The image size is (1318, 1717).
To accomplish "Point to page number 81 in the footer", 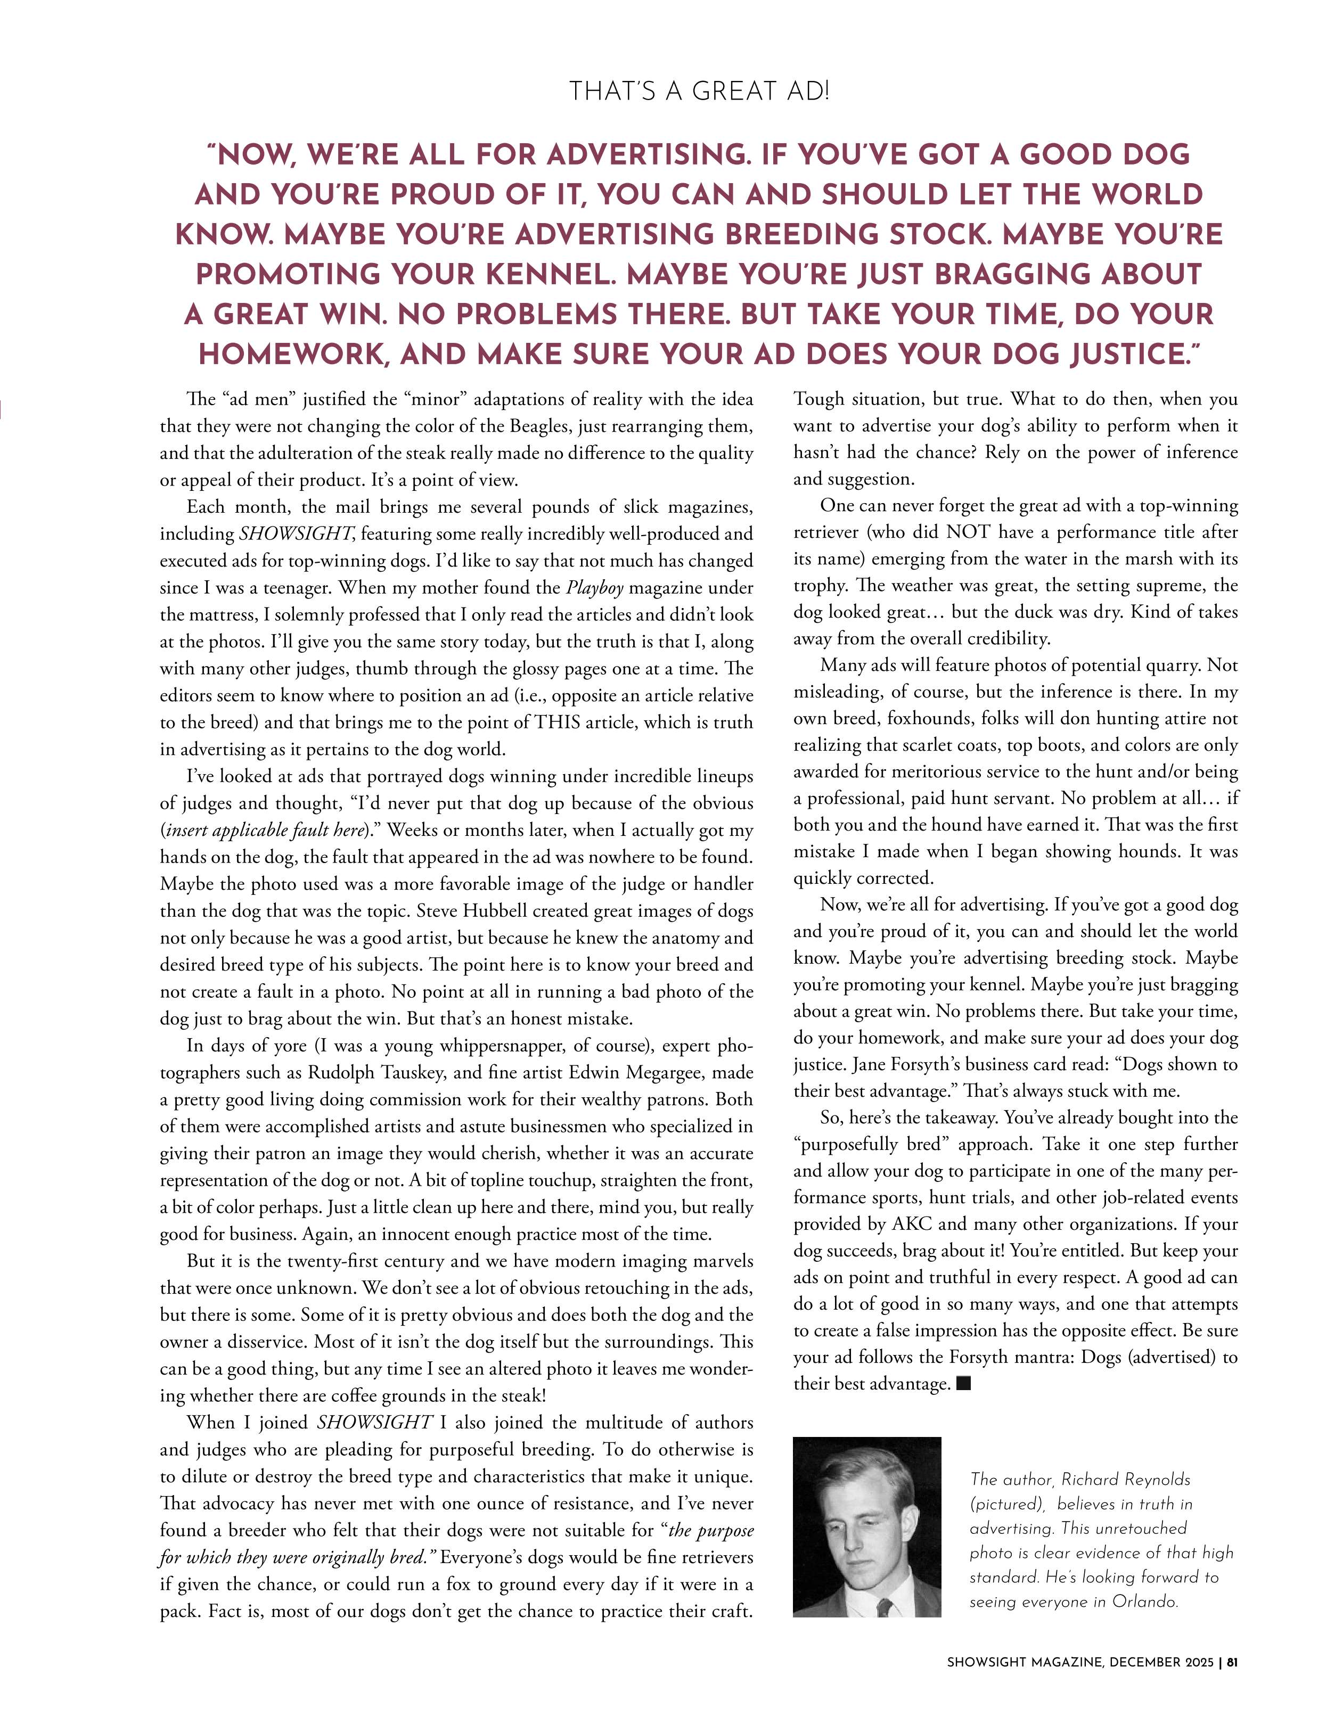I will (x=1232, y=1662).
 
